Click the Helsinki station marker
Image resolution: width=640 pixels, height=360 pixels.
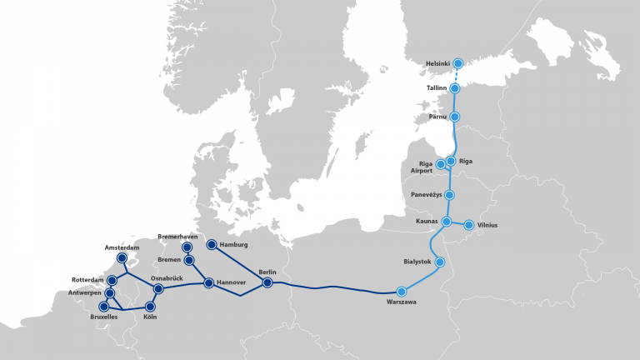pyautogui.click(x=457, y=63)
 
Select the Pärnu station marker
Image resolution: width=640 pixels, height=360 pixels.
pyautogui.click(x=455, y=117)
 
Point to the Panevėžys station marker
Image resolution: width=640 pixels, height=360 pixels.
pyautogui.click(x=450, y=195)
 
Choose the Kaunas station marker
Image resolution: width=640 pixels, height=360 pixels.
pyautogui.click(x=447, y=222)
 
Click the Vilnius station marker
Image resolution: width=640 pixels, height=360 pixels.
pyautogui.click(x=469, y=225)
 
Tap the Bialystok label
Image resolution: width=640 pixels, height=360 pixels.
pyautogui.click(x=417, y=262)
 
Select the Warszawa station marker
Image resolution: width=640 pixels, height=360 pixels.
pyautogui.click(x=402, y=292)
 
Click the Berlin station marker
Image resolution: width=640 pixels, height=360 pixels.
pyautogui.click(x=267, y=283)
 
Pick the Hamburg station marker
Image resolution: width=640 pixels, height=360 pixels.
pyautogui.click(x=211, y=244)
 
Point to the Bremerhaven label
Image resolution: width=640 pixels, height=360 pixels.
pyautogui.click(x=177, y=237)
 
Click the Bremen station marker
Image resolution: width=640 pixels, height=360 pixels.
pyautogui.click(x=190, y=260)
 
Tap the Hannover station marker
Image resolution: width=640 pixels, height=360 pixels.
pyautogui.click(x=208, y=283)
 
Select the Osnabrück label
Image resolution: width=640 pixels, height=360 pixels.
pyautogui.click(x=167, y=277)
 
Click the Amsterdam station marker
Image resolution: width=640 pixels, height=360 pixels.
pyautogui.click(x=122, y=258)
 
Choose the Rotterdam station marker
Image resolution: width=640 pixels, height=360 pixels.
pyautogui.click(x=112, y=280)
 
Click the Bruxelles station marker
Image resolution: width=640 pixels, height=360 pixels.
pyautogui.click(x=104, y=307)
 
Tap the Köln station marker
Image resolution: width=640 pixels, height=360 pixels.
pyautogui.click(x=151, y=307)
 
